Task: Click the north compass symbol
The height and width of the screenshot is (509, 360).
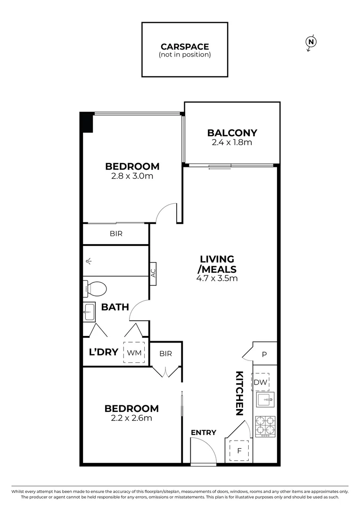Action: [311, 42]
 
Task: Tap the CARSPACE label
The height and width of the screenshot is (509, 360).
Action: [185, 46]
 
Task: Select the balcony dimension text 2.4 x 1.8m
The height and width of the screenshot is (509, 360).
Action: [232, 142]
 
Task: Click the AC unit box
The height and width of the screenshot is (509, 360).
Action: [153, 274]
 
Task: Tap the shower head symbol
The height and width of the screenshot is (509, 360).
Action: [89, 261]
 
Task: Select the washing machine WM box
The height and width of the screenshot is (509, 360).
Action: [134, 353]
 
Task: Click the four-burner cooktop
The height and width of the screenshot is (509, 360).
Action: [265, 426]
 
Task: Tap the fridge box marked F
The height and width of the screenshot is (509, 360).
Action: [239, 451]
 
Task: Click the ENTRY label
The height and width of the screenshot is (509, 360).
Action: [204, 433]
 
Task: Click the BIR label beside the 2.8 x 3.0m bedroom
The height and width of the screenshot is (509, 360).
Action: [116, 234]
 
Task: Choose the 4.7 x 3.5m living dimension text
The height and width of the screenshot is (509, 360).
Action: [217, 278]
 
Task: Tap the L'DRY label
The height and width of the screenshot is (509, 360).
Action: [103, 352]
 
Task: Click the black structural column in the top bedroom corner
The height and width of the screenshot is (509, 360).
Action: [87, 122]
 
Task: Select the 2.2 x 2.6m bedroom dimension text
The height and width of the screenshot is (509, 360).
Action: [131, 418]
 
